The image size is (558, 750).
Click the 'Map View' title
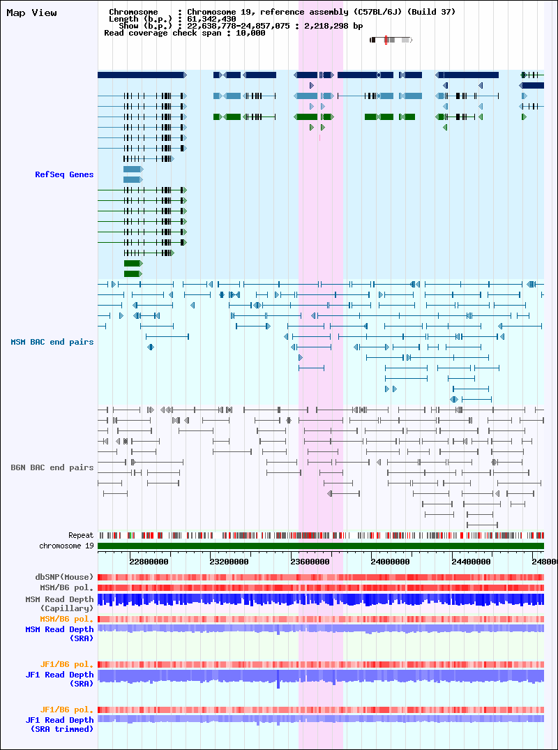[x=31, y=13]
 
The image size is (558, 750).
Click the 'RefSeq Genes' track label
[x=64, y=174]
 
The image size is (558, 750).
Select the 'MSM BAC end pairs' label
[x=52, y=342]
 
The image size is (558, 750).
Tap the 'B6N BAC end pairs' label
[x=52, y=467]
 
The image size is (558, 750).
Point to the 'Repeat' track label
[x=81, y=535]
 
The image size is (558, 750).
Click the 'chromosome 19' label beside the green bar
[x=66, y=546]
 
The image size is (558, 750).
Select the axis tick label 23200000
[x=229, y=562]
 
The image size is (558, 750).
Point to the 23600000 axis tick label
[x=310, y=562]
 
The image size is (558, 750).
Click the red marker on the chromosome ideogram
[x=386, y=40]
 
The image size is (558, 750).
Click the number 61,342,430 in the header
[x=211, y=19]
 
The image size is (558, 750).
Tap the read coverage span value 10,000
[x=250, y=33]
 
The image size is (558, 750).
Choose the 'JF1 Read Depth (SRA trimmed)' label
[x=60, y=725]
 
